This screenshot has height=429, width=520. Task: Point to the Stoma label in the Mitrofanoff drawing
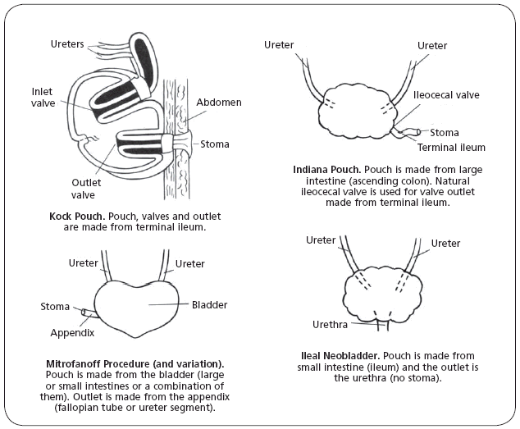pyautogui.click(x=55, y=307)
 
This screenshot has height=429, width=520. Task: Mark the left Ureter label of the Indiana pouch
pyautogui.click(x=280, y=44)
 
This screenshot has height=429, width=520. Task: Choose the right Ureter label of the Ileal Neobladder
pyautogui.click(x=445, y=244)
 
